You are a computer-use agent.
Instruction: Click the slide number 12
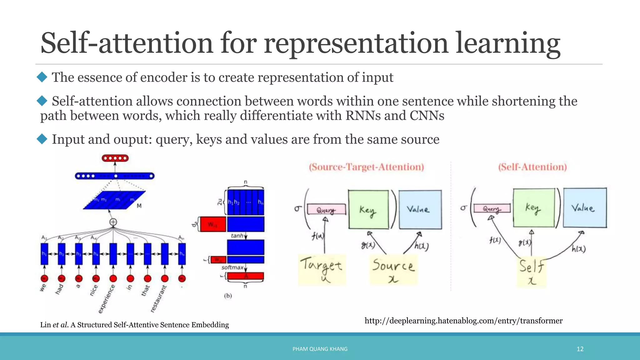click(x=580, y=349)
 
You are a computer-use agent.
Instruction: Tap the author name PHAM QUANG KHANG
click(x=320, y=349)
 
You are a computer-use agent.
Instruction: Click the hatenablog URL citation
click(x=463, y=321)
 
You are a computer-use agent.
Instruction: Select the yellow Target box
click(x=322, y=270)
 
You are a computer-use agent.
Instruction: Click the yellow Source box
click(x=393, y=270)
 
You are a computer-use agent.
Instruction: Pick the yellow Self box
click(x=531, y=271)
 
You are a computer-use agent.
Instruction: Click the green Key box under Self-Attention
click(x=534, y=208)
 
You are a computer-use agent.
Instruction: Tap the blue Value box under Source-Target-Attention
click(x=420, y=209)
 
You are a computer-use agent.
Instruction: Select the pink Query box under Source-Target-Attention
click(x=326, y=209)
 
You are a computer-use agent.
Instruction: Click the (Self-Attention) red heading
click(x=532, y=167)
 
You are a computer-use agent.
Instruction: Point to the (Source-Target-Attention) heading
click(x=366, y=167)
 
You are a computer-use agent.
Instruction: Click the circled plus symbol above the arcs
click(x=113, y=222)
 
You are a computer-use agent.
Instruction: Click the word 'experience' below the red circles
click(x=107, y=299)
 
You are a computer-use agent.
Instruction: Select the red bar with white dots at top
click(x=115, y=158)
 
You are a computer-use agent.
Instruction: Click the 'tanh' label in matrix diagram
click(x=237, y=236)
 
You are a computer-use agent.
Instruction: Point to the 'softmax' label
click(x=232, y=267)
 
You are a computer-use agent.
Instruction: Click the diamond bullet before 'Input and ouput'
click(x=42, y=139)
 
